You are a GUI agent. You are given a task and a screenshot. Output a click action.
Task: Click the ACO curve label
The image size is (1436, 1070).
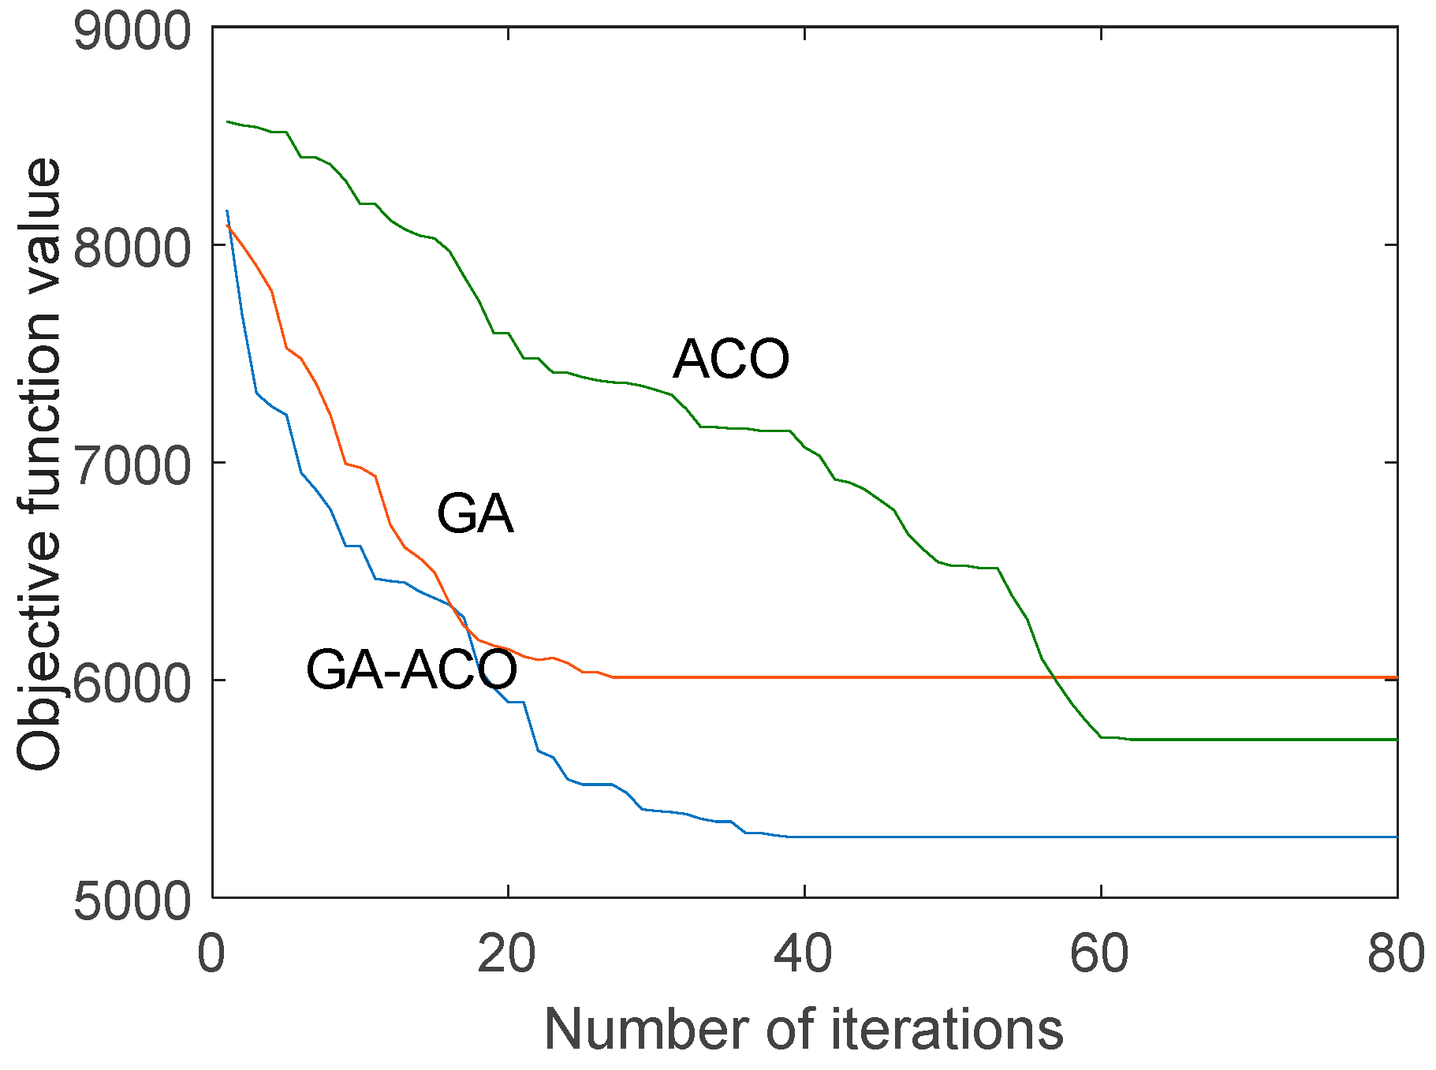730,360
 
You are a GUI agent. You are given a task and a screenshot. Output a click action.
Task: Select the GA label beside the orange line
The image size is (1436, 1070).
475,514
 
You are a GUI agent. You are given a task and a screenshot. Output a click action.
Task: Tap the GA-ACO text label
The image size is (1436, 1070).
411,670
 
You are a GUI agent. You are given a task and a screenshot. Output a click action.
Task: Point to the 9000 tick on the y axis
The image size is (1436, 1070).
132,32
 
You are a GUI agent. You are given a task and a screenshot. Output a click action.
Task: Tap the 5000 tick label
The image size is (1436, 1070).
132,900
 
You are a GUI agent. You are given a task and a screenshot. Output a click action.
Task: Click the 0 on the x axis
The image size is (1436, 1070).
211,953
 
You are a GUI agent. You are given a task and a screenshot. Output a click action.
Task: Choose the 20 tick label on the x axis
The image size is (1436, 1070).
507,953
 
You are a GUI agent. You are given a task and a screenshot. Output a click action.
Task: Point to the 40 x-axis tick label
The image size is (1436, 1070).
803,953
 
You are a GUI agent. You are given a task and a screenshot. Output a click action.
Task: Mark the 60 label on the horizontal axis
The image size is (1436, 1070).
1099,953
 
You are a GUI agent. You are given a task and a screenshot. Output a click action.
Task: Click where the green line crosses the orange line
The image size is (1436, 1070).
1056,677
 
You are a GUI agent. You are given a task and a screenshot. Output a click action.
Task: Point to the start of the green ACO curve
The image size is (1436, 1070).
228,122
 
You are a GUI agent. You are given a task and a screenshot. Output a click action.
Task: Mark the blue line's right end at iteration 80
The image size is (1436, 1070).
1396,837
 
